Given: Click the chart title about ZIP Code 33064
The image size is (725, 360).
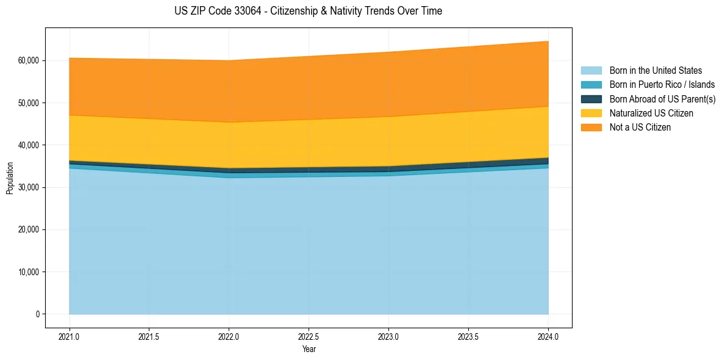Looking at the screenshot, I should pos(308,11).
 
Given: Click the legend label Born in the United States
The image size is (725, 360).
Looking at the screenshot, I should pos(655,71).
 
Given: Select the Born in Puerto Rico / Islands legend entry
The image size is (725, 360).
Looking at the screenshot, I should pos(662,85).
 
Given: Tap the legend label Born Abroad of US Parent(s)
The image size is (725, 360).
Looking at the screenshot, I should pos(662,99).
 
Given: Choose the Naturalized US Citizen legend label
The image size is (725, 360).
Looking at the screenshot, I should pos(651,113).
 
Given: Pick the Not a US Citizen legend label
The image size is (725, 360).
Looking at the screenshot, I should pos(640,128).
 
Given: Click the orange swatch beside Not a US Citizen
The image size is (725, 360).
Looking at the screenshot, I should pos(591,128).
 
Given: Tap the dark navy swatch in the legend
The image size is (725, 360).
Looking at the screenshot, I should pos(591,99).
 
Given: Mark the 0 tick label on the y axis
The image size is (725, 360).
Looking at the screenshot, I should pos(37,314).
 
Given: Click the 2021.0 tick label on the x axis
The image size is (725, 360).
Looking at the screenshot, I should pos(70,336).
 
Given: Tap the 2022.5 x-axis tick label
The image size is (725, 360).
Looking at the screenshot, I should pos(309,336).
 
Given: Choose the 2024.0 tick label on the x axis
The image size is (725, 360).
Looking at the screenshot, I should pos(548,336).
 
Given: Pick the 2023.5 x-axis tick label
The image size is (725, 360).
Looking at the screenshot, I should pos(468,336).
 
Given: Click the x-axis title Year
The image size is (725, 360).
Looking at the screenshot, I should pos(309,349).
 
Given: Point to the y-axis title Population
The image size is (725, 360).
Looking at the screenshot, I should pos(10,178).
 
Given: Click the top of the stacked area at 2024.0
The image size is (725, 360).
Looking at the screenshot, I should pos(548,41).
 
